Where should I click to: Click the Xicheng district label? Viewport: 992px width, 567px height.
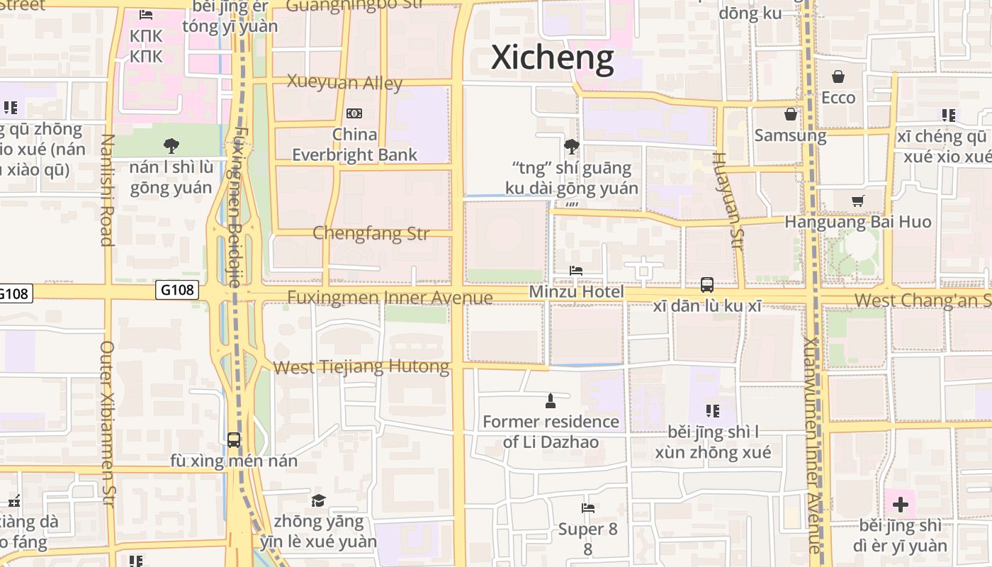[x=552, y=57]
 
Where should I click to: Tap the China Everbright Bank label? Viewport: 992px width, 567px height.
[x=355, y=144]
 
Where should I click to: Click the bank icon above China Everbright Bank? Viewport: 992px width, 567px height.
[x=354, y=113]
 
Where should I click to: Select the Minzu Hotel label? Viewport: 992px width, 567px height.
[x=577, y=292]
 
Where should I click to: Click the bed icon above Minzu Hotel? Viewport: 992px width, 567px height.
[x=576, y=271]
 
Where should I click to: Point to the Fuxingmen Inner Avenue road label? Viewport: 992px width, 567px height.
[x=390, y=297]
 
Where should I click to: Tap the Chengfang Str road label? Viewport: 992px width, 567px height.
[x=371, y=233]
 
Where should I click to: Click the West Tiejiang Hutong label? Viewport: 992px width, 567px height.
[x=361, y=367]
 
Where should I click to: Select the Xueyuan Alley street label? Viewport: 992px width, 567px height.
[x=344, y=82]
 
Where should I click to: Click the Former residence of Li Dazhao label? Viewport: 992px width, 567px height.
[x=551, y=432]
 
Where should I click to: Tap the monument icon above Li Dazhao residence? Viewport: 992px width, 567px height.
[x=550, y=402]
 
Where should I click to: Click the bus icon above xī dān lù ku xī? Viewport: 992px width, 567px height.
[x=706, y=285]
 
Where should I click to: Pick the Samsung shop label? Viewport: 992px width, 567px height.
[x=790, y=135]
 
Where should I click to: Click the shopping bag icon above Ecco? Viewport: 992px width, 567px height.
[x=838, y=77]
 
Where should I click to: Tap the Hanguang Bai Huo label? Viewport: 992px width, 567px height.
[x=857, y=222]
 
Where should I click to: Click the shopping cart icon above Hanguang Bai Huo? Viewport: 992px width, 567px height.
[x=857, y=201]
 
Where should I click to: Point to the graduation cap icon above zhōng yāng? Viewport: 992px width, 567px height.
[x=318, y=501]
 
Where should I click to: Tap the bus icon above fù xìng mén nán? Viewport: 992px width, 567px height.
[x=234, y=439]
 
